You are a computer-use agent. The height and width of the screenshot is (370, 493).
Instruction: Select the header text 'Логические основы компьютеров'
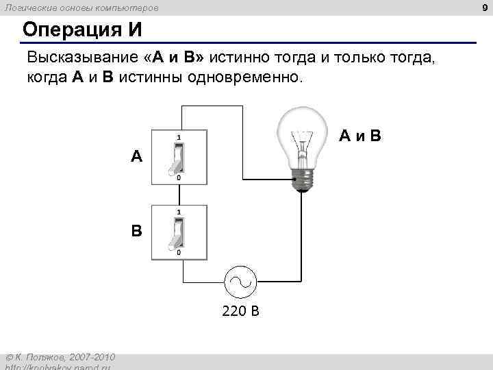(83, 8)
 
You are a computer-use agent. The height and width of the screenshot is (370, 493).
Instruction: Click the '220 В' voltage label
(240, 312)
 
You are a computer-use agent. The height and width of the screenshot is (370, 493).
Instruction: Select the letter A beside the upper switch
(137, 157)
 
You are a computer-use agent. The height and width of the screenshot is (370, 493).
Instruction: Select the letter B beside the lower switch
(137, 231)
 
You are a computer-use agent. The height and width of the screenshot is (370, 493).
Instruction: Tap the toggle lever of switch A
(178, 159)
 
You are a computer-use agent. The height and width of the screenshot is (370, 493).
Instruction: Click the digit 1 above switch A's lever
(179, 138)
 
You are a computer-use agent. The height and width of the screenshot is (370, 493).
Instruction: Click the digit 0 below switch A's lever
(179, 178)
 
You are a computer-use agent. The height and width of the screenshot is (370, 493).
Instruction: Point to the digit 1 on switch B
(179, 212)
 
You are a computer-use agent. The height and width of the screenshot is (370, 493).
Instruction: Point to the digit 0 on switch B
(179, 253)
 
